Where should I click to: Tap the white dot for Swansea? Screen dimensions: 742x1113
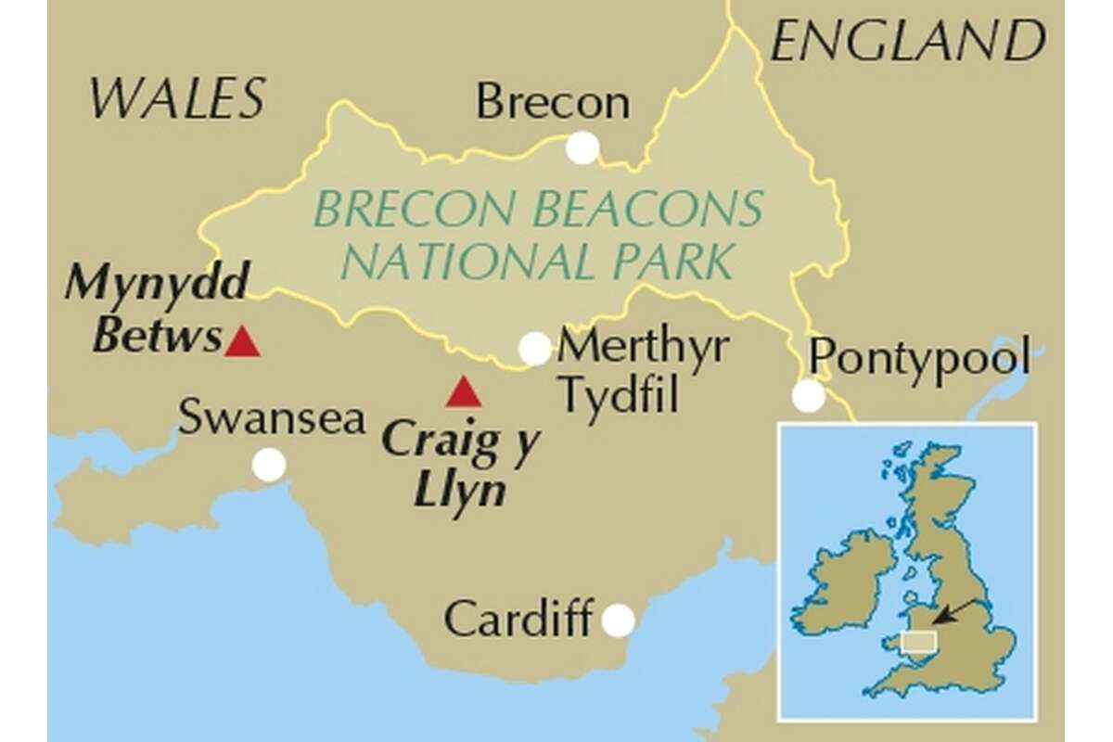tap(269, 464)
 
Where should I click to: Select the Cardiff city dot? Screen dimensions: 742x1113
tap(618, 620)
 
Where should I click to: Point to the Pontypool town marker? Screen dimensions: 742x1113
tap(809, 396)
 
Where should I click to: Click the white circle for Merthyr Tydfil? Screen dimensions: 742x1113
tap(535, 349)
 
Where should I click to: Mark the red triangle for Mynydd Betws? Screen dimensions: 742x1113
tap(243, 342)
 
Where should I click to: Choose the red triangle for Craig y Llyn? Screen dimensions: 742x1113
tap(463, 393)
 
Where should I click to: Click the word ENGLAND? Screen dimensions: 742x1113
tap(907, 43)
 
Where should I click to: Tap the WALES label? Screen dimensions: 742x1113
tap(177, 98)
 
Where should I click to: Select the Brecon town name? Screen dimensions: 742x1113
tap(553, 102)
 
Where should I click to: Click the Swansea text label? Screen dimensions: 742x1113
tap(272, 418)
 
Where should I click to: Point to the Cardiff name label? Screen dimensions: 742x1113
tap(518, 619)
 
